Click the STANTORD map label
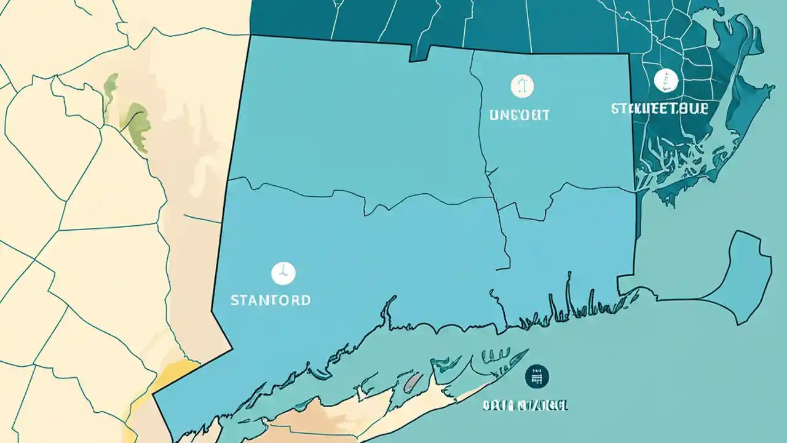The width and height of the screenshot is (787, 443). tap(271, 300)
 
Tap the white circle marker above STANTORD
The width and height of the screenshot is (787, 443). tap(283, 273)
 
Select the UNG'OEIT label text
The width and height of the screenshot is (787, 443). tap(520, 114)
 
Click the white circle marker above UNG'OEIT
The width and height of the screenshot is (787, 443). tap(523, 86)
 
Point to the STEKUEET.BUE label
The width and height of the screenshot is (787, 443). tap(660, 108)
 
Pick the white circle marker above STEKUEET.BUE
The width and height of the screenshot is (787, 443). tap(666, 80)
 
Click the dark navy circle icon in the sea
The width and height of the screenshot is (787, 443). tap(537, 377)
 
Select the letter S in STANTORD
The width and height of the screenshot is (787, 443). tap(234, 300)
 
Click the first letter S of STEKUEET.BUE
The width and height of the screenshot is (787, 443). tap(615, 108)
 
